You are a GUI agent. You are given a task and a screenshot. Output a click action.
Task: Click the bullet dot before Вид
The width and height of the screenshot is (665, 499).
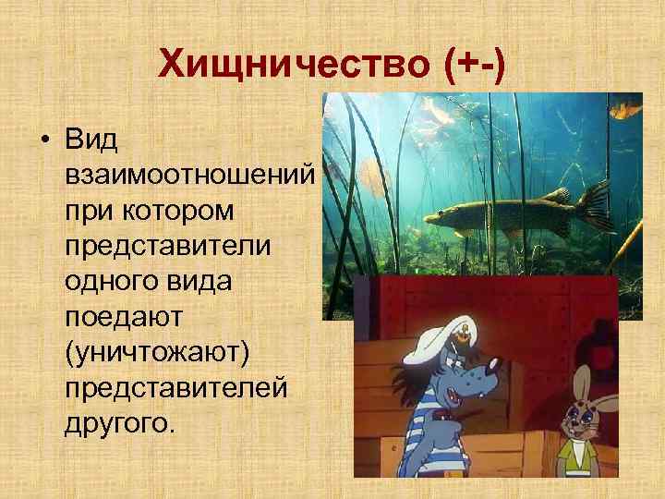[43, 141]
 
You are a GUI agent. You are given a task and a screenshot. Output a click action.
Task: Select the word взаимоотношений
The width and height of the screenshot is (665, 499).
[190, 176]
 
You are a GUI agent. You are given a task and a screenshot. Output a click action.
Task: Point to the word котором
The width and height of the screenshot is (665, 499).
[192, 211]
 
